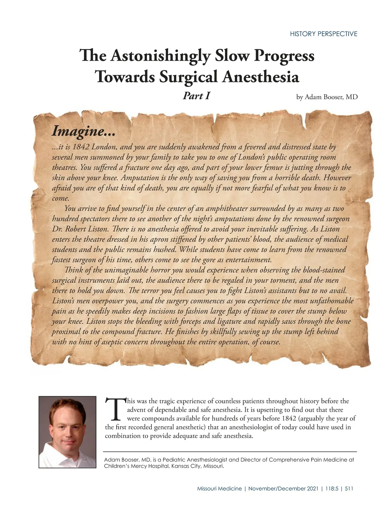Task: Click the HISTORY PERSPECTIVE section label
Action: (x=323, y=34)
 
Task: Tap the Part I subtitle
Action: (x=196, y=96)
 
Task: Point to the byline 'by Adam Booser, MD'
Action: (x=327, y=97)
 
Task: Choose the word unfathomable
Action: (x=330, y=301)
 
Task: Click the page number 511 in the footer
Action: (x=349, y=489)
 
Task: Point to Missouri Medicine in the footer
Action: (x=219, y=489)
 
